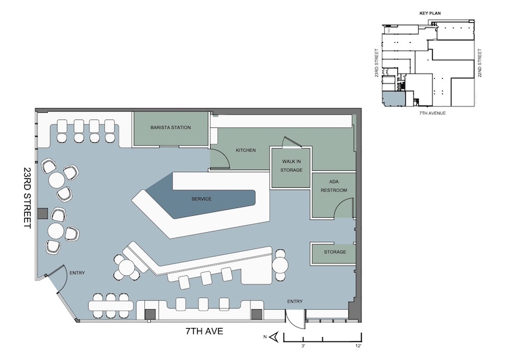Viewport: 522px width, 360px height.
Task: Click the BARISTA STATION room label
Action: click(170, 127)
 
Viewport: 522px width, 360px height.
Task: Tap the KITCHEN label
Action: click(246, 150)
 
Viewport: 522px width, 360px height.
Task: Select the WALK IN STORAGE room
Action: click(291, 168)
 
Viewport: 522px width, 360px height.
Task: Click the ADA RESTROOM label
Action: click(333, 186)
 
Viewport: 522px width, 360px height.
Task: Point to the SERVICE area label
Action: click(202, 199)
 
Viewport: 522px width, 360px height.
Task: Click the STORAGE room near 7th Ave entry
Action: click(333, 254)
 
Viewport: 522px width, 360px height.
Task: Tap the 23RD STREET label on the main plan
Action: click(27, 198)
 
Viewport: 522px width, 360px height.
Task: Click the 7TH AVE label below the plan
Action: click(204, 331)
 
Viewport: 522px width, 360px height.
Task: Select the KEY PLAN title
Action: click(430, 13)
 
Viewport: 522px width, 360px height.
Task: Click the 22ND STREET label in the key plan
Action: click(480, 63)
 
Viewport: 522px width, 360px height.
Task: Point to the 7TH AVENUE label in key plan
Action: click(432, 113)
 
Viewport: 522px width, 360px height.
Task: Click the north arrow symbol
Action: click(274, 337)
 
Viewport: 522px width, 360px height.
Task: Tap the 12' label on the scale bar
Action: click(358, 346)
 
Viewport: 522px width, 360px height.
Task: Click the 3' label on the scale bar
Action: click(303, 346)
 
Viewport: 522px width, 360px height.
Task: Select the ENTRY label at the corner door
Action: click(77, 273)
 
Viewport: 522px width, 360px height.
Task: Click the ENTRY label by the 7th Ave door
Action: click(295, 301)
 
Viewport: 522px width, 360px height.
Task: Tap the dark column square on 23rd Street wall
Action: click(42, 213)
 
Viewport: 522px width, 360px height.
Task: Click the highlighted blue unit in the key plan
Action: click(393, 99)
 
